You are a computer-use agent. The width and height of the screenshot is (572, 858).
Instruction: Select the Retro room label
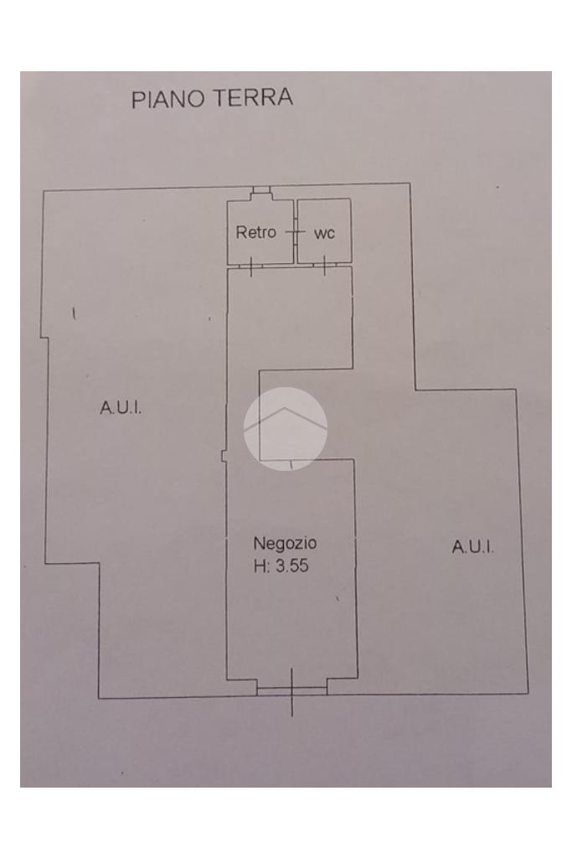pyautogui.click(x=255, y=232)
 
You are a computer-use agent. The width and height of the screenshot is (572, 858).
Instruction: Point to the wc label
pyautogui.click(x=324, y=233)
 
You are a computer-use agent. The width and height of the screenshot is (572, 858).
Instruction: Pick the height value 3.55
pyautogui.click(x=292, y=566)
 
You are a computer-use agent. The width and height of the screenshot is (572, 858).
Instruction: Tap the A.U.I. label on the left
pyautogui.click(x=121, y=408)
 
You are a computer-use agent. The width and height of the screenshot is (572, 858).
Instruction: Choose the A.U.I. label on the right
pyautogui.click(x=473, y=547)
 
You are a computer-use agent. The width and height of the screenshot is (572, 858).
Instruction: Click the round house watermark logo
pyautogui.click(x=285, y=428)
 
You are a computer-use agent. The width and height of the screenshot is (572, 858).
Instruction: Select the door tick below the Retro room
pyautogui.click(x=251, y=266)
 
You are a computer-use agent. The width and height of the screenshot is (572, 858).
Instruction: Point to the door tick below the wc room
pyautogui.click(x=324, y=266)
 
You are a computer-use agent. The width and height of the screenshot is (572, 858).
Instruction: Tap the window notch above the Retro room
pyautogui.click(x=261, y=192)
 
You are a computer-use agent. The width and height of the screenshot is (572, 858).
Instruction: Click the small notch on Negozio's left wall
pyautogui.click(x=224, y=457)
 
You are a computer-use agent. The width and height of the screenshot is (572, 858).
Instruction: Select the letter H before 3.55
pyautogui.click(x=259, y=566)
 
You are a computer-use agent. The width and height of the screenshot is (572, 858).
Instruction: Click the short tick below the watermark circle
pyautogui.click(x=291, y=463)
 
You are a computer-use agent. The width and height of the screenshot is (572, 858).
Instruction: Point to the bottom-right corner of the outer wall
pyautogui.click(x=528, y=693)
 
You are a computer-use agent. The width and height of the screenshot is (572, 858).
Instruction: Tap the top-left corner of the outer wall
pyautogui.click(x=43, y=192)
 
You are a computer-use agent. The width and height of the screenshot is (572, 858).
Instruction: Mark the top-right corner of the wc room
pyautogui.click(x=350, y=199)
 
